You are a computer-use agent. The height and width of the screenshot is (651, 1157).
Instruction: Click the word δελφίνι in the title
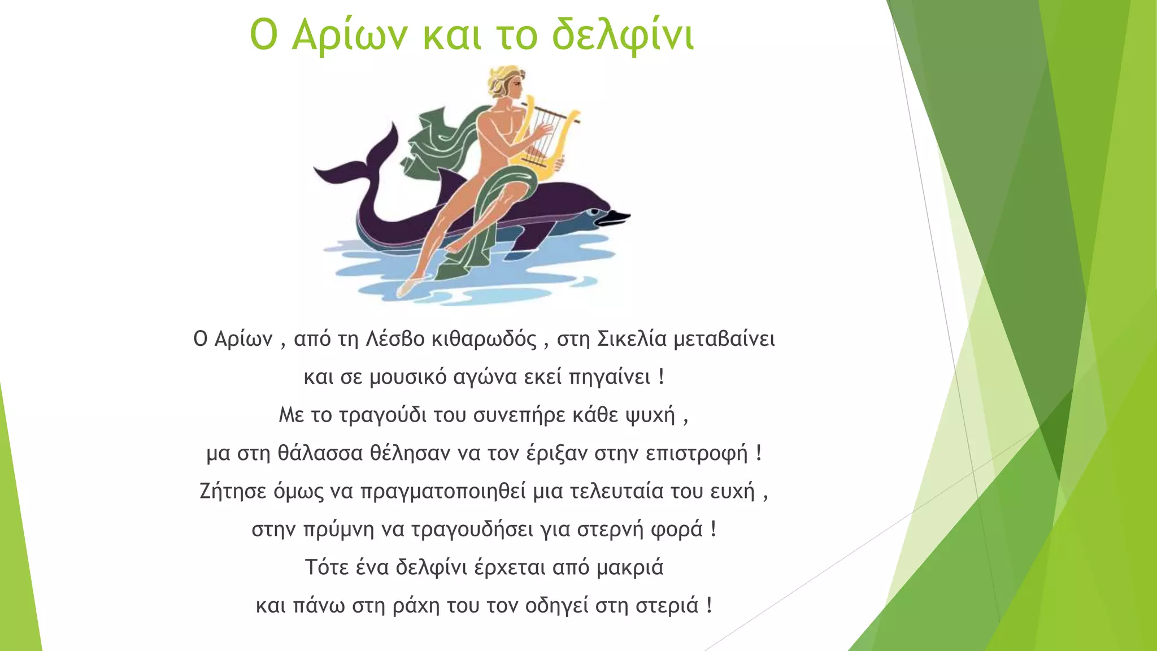[x=623, y=35]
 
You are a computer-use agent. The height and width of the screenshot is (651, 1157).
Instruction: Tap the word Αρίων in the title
[x=349, y=35]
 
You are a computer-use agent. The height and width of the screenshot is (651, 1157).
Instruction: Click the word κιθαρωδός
[x=484, y=339]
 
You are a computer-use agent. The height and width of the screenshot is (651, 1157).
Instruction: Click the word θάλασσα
[x=320, y=454]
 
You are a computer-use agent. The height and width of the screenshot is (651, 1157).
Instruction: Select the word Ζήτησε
[x=233, y=491]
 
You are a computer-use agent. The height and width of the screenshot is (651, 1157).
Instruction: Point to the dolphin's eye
[x=594, y=212]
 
